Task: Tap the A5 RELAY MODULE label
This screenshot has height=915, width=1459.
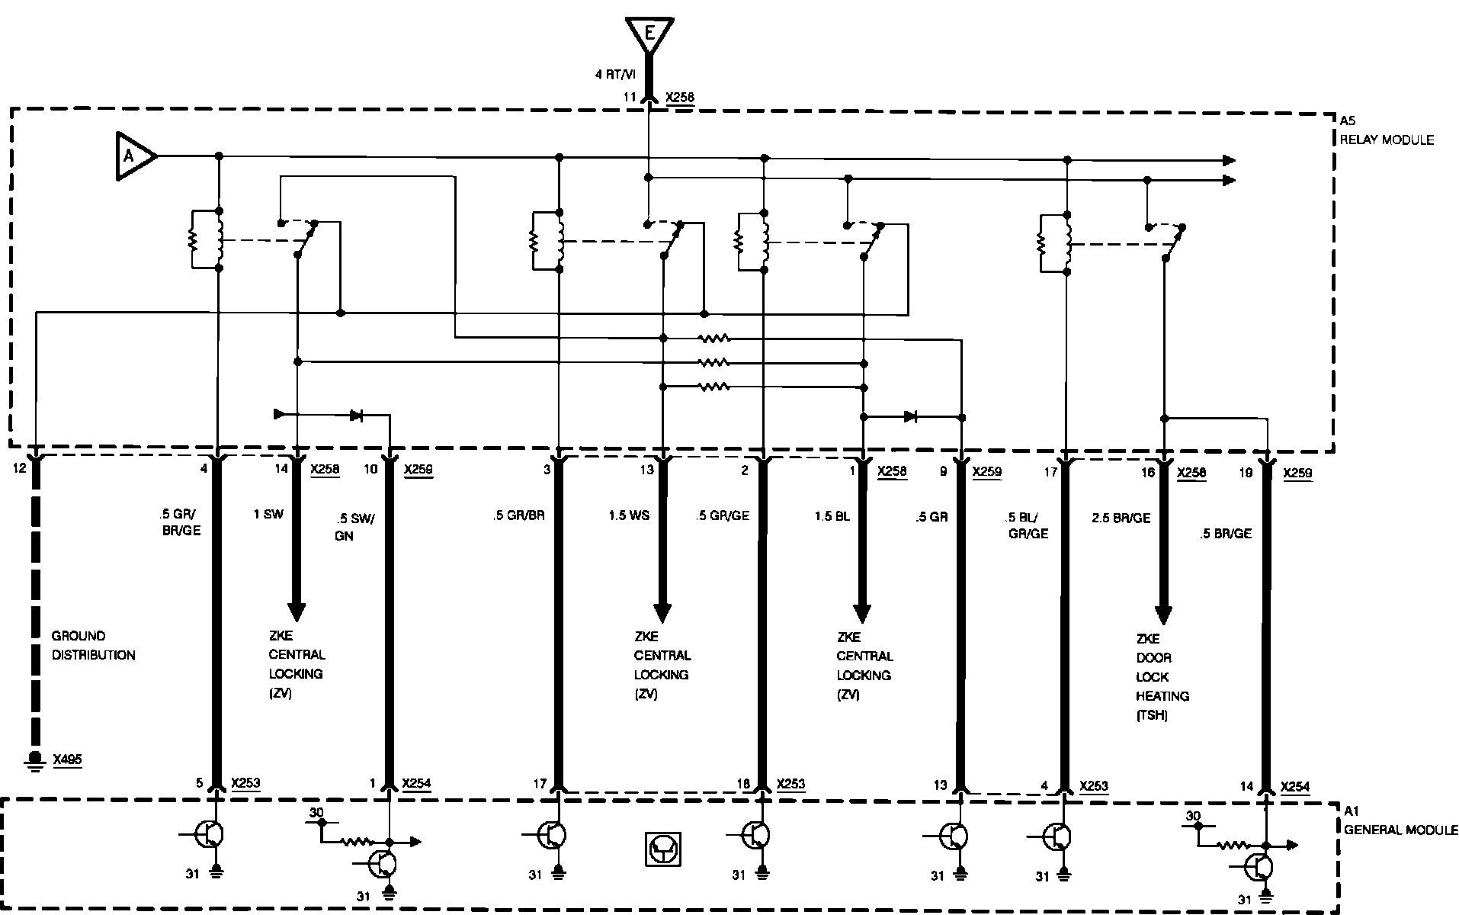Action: [1386, 130]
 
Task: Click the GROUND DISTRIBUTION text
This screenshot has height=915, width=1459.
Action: [93, 645]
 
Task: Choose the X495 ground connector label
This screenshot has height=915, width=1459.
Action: [67, 759]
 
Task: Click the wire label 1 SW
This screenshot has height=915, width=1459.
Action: [268, 515]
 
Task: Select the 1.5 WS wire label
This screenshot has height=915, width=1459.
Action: [629, 516]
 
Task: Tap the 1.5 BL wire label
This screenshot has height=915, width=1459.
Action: [832, 516]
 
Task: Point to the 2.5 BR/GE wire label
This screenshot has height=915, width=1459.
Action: [1121, 518]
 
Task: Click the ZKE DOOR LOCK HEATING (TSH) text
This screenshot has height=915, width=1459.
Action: [1162, 677]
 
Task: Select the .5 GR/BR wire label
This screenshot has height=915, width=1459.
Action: [518, 515]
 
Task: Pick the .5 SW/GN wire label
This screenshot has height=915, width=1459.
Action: [354, 526]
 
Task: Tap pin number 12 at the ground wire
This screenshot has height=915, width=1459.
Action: [20, 468]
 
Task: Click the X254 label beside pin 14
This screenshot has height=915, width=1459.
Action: [1295, 787]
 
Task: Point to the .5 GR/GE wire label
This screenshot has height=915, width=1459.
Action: [722, 515]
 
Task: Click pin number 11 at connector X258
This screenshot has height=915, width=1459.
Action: [630, 98]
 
